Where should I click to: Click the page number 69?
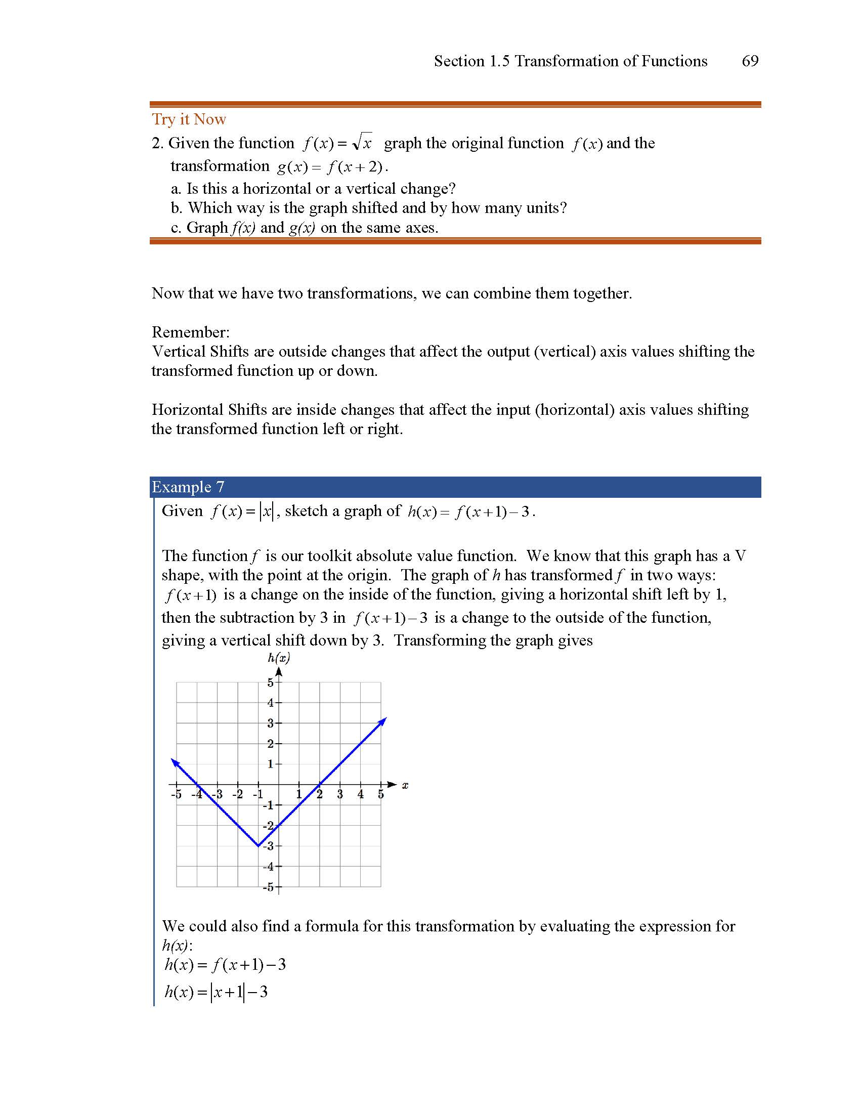click(750, 61)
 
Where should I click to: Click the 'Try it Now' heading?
click(189, 119)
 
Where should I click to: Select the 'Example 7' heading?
click(188, 487)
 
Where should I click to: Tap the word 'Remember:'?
click(191, 332)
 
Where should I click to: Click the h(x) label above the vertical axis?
click(279, 658)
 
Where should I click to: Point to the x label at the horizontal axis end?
click(405, 785)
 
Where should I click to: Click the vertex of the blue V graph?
click(259, 846)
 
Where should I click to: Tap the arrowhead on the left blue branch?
click(174, 762)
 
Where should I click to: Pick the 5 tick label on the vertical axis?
click(271, 682)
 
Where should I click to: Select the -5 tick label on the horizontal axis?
click(176, 794)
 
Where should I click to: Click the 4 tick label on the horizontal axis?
click(360, 794)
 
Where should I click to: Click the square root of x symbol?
click(363, 142)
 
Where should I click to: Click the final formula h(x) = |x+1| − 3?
click(216, 992)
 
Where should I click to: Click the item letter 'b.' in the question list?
click(177, 208)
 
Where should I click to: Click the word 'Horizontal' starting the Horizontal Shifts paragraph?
click(187, 410)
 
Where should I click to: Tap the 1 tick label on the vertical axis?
click(271, 764)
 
